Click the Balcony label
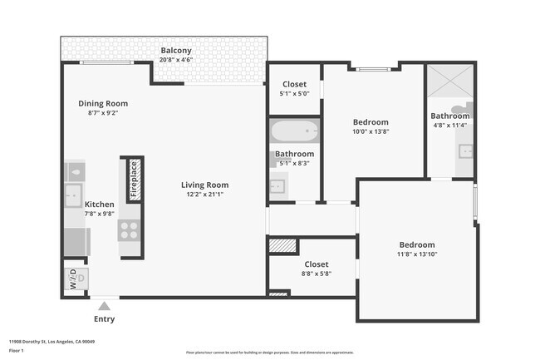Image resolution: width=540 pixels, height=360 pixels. click(176, 50)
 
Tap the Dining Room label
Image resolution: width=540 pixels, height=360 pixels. click(103, 103)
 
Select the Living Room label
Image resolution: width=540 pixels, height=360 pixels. click(205, 185)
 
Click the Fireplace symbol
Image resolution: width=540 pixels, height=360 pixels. click(133, 178)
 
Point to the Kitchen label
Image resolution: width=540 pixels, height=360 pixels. click(99, 204)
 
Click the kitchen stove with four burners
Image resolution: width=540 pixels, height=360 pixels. click(130, 229)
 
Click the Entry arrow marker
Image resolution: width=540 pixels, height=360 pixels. click(104, 305)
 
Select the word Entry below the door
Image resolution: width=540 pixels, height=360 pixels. click(104, 319)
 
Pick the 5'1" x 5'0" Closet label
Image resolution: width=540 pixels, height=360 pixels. click(294, 84)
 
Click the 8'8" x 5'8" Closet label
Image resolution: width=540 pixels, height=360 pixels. click(316, 264)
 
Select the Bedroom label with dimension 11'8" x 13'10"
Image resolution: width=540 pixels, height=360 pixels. click(416, 244)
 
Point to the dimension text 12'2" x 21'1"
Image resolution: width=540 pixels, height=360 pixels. click(205, 194)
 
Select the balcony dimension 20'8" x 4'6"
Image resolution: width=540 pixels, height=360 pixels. click(176, 60)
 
